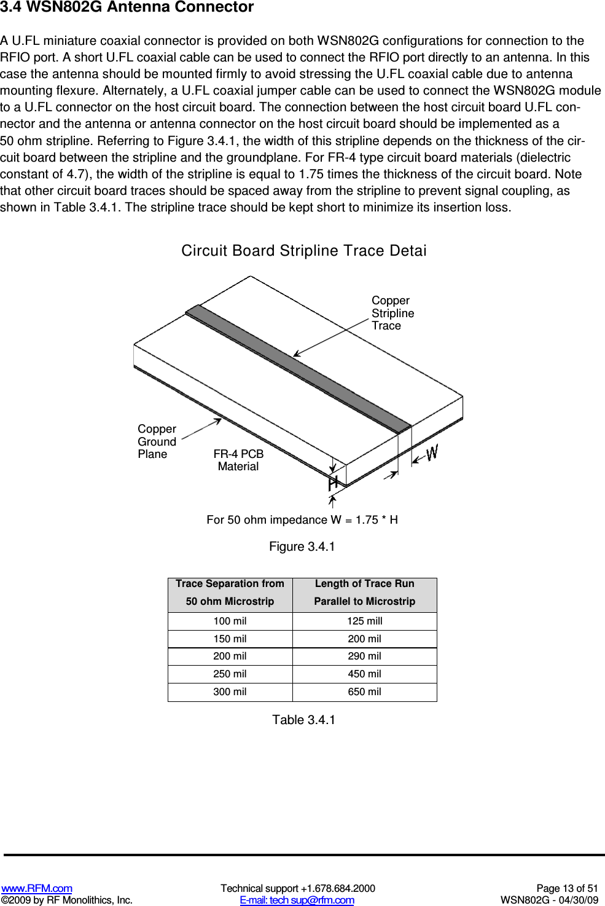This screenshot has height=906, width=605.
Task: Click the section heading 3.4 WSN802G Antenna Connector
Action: (x=127, y=7)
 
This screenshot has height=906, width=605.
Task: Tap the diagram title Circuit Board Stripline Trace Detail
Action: (x=303, y=251)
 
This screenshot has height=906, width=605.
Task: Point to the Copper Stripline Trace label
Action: (x=392, y=313)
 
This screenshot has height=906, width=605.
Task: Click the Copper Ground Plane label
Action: (x=157, y=441)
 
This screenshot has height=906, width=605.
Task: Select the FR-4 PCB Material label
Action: (x=238, y=460)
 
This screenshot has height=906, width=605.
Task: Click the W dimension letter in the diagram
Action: (x=432, y=453)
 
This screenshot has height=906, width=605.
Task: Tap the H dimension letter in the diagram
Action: (x=333, y=483)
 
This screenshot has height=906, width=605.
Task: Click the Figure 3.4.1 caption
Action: (x=302, y=546)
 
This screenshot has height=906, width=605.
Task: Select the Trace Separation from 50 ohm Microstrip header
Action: (x=230, y=593)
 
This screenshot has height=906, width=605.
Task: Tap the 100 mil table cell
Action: (x=230, y=621)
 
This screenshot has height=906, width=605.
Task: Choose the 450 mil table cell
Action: (x=364, y=674)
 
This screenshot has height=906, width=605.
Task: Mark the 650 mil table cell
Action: (x=364, y=691)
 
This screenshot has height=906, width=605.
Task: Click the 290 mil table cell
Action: (x=364, y=656)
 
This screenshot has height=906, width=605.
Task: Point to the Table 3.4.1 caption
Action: (x=303, y=720)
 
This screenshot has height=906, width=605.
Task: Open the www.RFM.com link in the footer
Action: (x=37, y=888)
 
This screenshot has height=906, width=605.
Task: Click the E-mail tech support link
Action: (x=297, y=900)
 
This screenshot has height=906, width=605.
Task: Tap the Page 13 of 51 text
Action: (x=566, y=888)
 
